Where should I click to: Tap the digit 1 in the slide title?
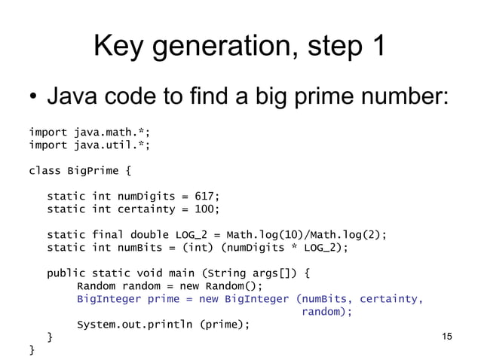374,47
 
